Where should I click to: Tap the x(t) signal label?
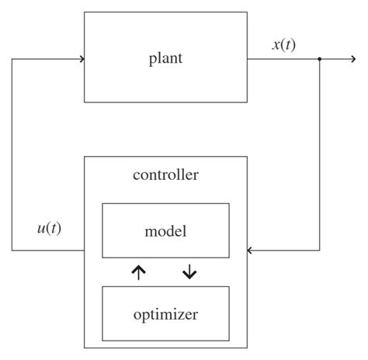(x=283, y=44)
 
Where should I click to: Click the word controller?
(x=165, y=175)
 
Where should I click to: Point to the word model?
(x=165, y=230)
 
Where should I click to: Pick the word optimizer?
(x=165, y=314)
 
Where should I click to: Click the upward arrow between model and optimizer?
(x=138, y=272)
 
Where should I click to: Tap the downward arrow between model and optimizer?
(x=189, y=272)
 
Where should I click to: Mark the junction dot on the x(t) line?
(x=320, y=59)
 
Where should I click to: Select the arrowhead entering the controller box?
(x=251, y=251)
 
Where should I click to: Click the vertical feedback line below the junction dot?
(x=320, y=155)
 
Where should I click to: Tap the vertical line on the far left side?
(x=12, y=155)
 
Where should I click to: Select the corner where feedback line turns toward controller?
(x=320, y=251)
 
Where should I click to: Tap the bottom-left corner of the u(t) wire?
(x=12, y=251)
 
